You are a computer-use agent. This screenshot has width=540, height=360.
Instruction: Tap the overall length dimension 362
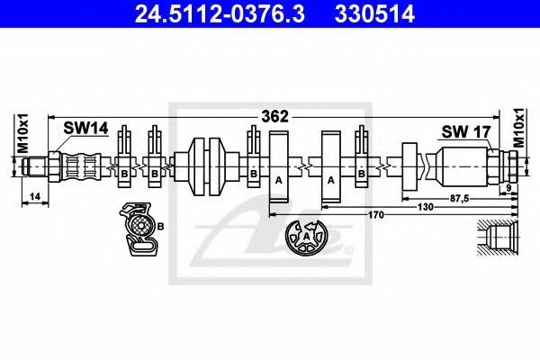point(274,116)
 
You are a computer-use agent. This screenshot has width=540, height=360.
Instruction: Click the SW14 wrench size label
point(85,130)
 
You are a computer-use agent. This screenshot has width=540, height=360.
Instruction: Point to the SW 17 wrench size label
point(463,132)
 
